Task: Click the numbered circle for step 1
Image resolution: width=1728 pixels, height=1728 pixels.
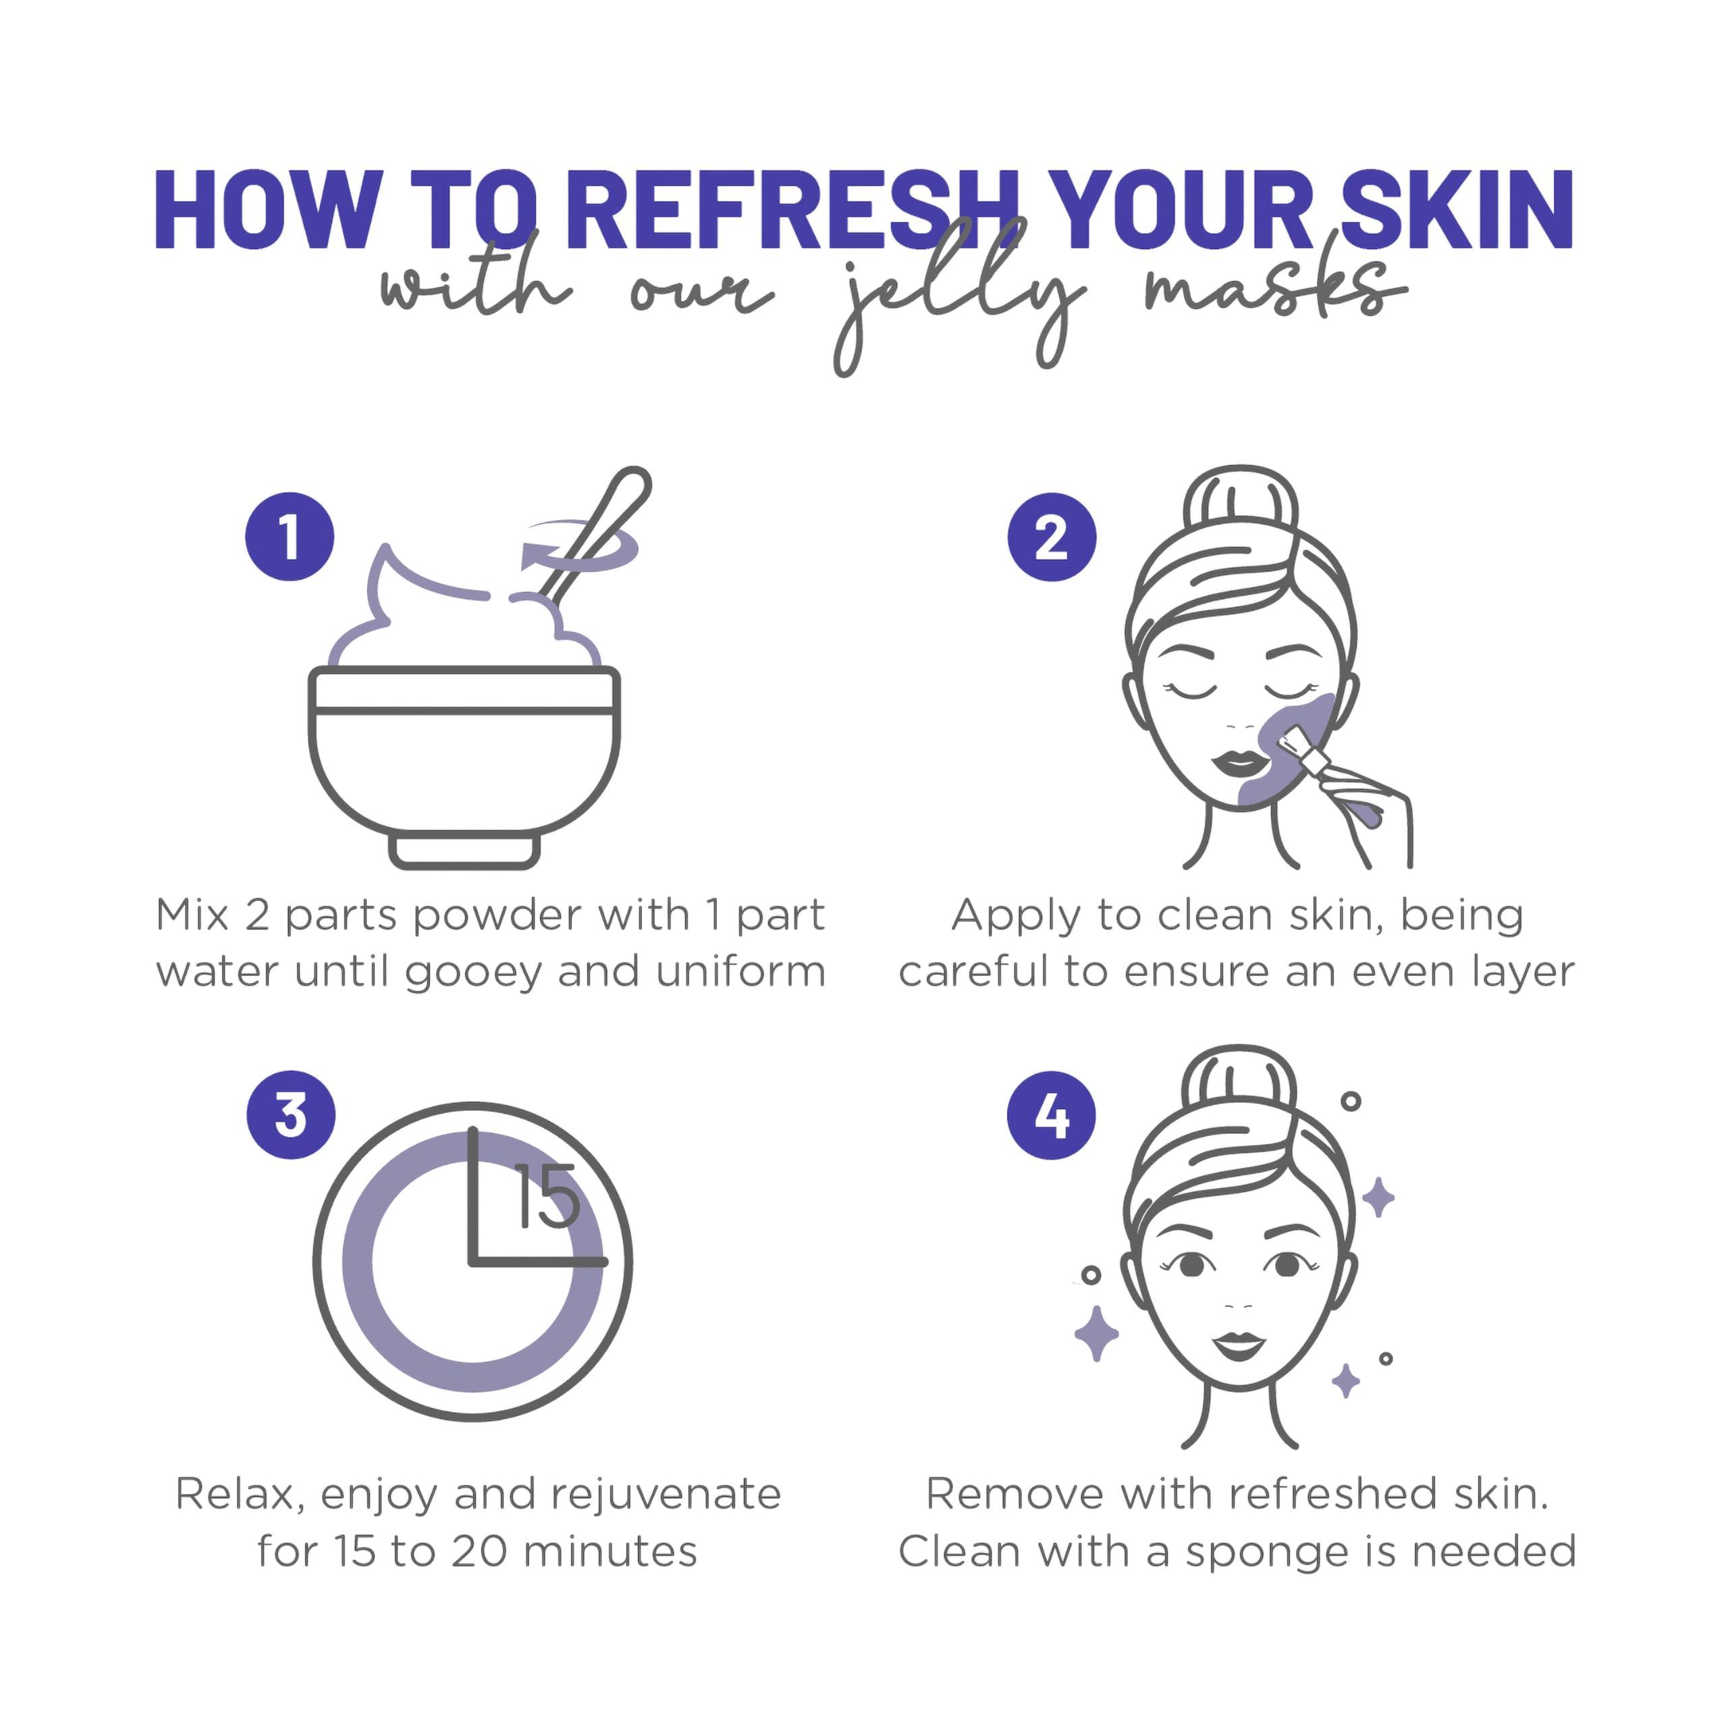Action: point(289,537)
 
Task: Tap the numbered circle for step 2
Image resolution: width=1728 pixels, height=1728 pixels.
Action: point(1051,537)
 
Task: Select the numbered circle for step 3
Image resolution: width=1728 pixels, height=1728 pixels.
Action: point(291,1114)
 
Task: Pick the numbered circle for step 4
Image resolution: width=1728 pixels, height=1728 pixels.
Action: point(1051,1115)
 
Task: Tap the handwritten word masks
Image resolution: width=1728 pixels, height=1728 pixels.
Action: point(1270,291)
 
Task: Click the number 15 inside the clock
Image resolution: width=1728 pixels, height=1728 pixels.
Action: point(547,1196)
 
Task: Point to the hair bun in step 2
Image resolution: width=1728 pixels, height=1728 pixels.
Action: point(1240,501)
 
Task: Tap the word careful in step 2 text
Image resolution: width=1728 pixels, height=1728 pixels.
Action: point(974,971)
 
